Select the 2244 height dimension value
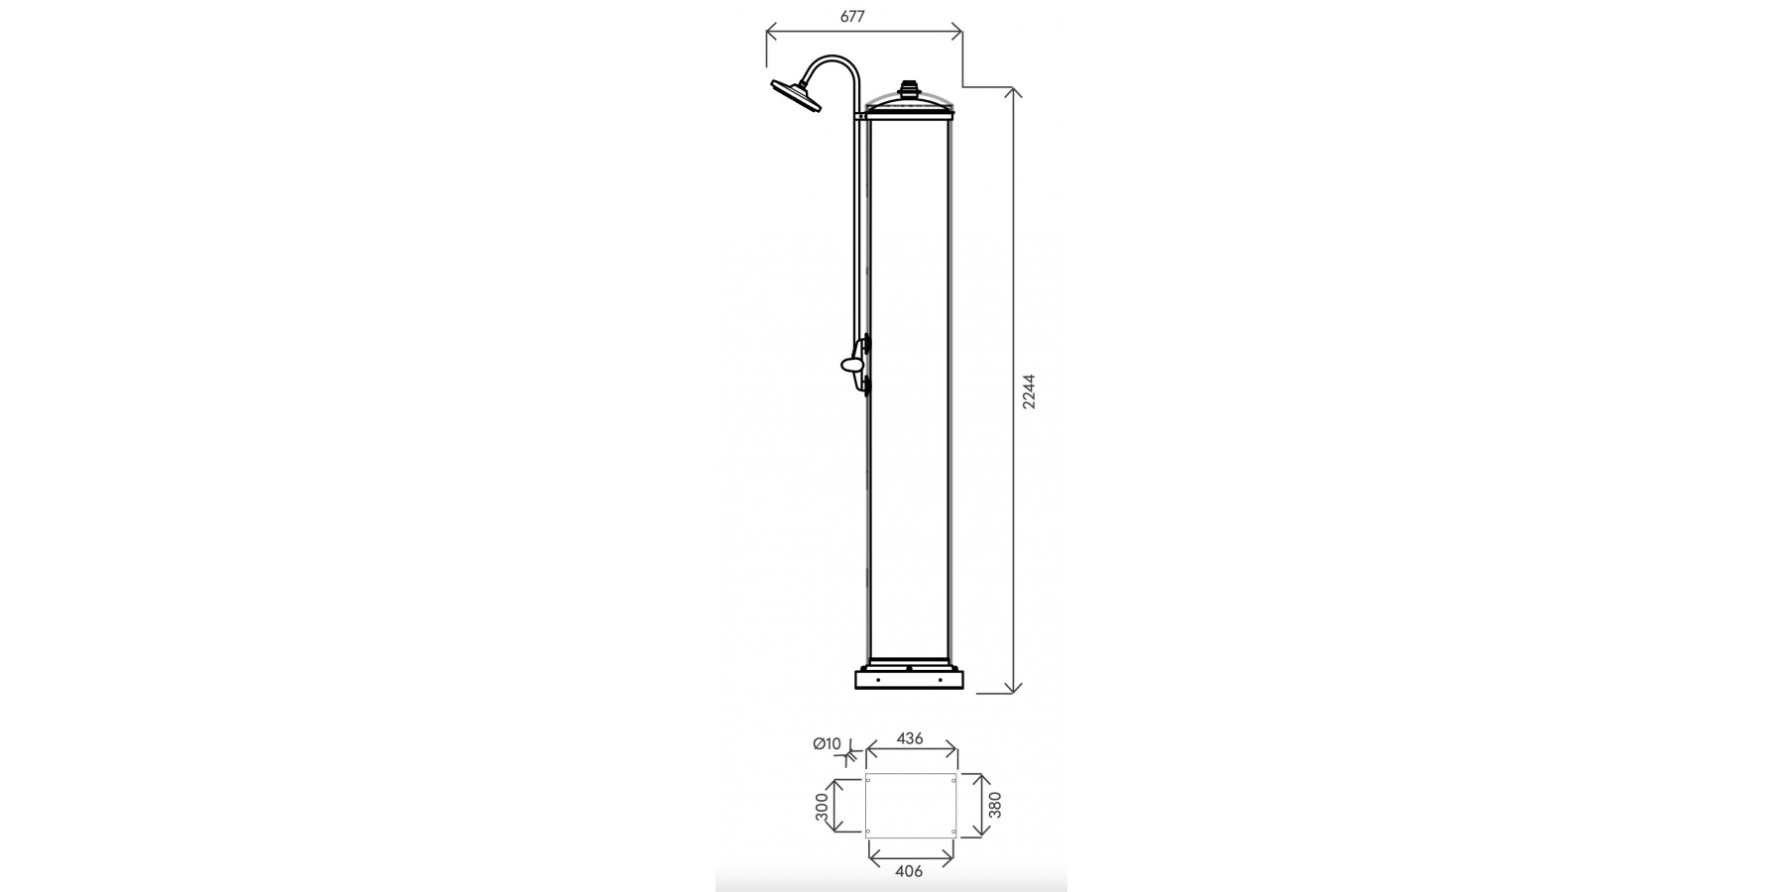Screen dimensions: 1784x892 (x=1030, y=391)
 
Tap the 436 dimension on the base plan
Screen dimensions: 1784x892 (x=910, y=738)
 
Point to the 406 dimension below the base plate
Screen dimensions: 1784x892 (x=909, y=871)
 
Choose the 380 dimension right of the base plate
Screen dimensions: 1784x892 (x=997, y=804)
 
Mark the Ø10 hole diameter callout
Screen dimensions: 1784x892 (x=827, y=743)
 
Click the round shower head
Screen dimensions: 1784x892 (x=795, y=95)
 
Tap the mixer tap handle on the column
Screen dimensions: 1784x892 (x=854, y=365)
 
